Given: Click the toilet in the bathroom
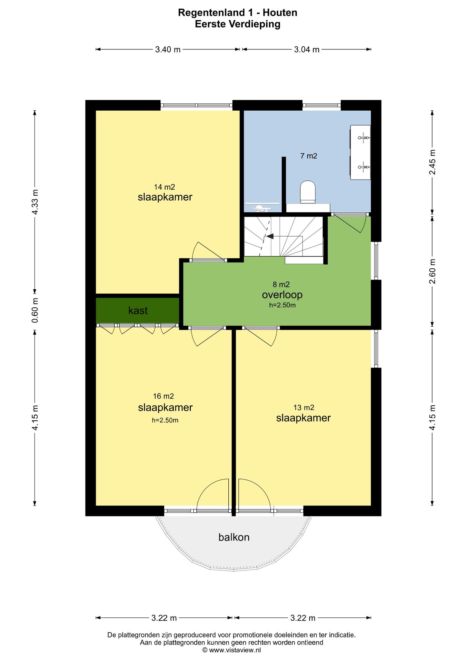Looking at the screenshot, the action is tap(308, 192).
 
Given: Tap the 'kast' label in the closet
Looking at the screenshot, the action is tap(138, 310).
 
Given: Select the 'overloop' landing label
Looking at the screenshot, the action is tap(282, 295).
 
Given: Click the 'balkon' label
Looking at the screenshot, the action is tap(234, 537).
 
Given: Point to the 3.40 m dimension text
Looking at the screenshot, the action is tap(168, 49).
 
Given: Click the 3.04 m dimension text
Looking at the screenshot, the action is tap(307, 49).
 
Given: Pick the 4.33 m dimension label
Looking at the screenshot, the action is tap(35, 202).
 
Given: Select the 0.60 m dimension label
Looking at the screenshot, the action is tap(35, 310).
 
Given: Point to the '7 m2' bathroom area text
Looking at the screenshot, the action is tap(309, 156).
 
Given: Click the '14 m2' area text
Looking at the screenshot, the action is tap(164, 187).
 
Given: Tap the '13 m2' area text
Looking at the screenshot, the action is tap(304, 408).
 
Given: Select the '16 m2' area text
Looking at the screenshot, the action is tap(164, 396).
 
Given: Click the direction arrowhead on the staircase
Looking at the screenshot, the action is tap(270, 236).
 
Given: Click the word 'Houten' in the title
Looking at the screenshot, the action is tap(280, 13).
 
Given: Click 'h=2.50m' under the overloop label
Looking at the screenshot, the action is tap(282, 305).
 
